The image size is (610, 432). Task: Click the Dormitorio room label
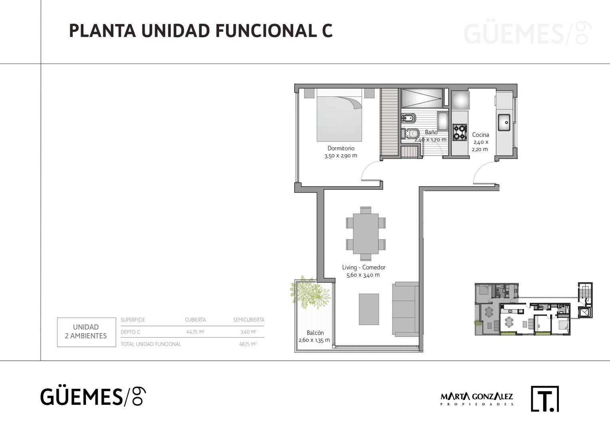[x=341, y=148]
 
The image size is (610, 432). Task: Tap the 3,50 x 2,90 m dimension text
[x=341, y=156]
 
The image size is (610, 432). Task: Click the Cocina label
[x=480, y=135]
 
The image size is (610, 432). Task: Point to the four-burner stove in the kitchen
[x=460, y=132]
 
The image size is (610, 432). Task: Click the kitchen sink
[x=503, y=122]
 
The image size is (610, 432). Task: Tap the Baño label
[x=431, y=132]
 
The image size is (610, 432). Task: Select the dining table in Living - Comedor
[x=365, y=234]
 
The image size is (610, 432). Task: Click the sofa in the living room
[x=405, y=308]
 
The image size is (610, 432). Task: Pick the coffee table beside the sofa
[x=369, y=309]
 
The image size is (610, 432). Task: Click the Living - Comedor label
[x=363, y=268]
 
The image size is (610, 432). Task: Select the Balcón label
[x=315, y=333]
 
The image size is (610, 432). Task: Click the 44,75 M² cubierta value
[x=195, y=332]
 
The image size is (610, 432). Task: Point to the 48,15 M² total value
[x=248, y=344]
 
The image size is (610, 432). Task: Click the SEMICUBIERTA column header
[x=248, y=320]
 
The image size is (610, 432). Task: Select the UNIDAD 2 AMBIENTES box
[x=86, y=332]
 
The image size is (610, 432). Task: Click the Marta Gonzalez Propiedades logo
[x=476, y=398]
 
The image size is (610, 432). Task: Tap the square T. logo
[x=544, y=399]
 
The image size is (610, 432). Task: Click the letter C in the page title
[x=327, y=31]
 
